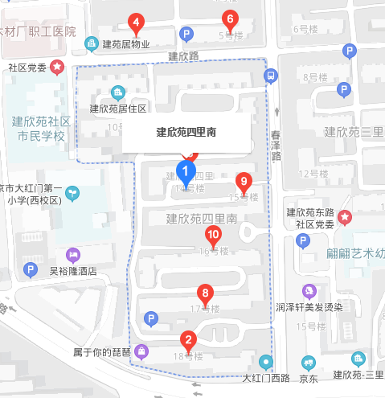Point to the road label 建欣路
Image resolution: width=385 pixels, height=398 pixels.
[186, 57]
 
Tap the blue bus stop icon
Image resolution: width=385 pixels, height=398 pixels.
[272, 76]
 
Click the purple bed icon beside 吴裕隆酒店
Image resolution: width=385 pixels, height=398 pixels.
[73, 255]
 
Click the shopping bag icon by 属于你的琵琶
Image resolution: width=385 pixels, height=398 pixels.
[141, 351]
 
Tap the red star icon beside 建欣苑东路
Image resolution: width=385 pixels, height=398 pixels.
[345, 216]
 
